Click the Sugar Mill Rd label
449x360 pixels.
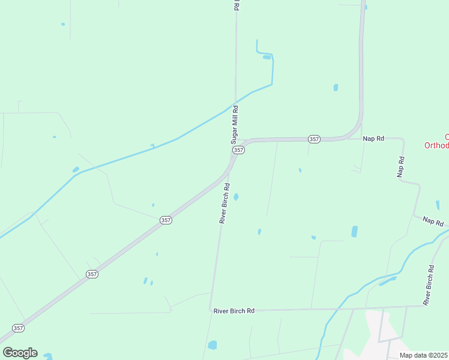[235, 124]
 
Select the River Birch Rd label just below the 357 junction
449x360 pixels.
[224, 203]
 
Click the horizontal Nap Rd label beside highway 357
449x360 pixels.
[373, 139]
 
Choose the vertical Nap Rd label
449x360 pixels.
[401, 167]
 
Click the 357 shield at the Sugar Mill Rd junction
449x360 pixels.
[238, 149]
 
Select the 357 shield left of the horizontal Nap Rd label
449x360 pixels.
[314, 139]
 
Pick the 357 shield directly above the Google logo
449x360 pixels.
[19, 328]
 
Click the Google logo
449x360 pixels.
[20, 353]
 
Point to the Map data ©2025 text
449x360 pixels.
[423, 355]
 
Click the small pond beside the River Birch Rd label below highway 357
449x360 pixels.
[236, 197]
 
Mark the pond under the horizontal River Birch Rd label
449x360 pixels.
[212, 345]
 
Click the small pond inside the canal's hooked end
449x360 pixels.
[267, 58]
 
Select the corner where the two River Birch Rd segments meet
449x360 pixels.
[212, 310]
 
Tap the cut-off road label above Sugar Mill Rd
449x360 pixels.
[237, 5]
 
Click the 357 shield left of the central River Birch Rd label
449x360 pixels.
[166, 220]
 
